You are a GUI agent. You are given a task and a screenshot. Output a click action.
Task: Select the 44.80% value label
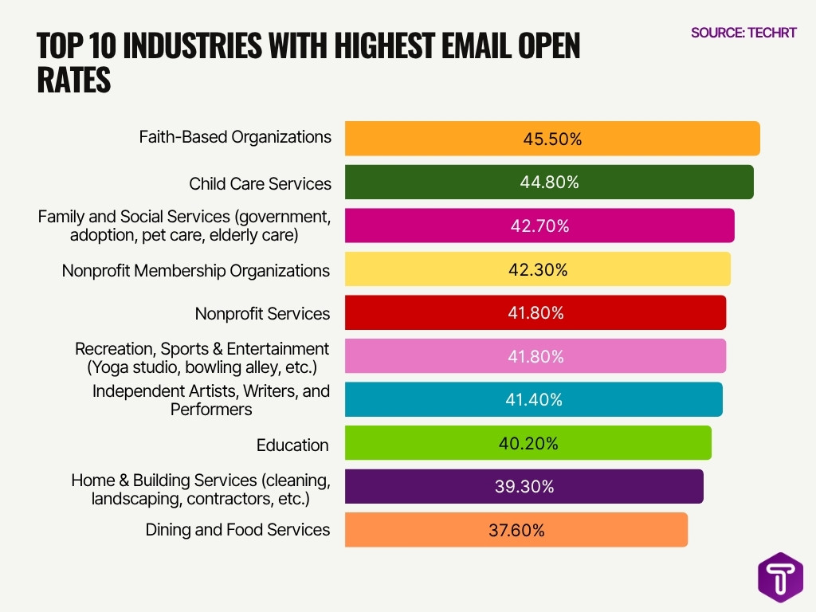tap(549, 182)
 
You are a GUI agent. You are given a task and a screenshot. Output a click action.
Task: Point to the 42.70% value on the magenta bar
tap(539, 226)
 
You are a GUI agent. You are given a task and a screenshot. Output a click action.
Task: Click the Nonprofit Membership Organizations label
tap(195, 271)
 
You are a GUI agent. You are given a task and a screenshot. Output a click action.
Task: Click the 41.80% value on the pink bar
tap(535, 356)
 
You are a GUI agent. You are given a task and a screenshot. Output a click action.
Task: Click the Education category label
tap(292, 445)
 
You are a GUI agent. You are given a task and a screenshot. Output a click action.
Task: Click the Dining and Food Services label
tap(237, 530)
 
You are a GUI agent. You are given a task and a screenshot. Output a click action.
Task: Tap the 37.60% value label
tap(516, 530)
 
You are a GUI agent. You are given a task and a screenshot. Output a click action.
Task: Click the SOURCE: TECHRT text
tap(743, 33)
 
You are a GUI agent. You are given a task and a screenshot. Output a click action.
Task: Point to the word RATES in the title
tap(73, 80)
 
